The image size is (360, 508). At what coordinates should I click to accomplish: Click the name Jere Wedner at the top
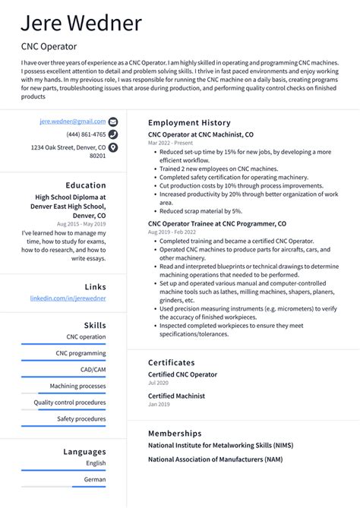click(81, 22)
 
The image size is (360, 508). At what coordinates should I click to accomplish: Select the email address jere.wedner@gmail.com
click(73, 121)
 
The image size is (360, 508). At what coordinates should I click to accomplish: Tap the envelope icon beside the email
click(113, 121)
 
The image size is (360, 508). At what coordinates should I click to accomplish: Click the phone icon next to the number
click(113, 134)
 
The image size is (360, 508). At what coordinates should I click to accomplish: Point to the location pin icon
click(113, 147)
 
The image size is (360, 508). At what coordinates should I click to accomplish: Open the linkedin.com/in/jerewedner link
click(68, 298)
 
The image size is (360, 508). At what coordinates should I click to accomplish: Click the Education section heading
click(86, 185)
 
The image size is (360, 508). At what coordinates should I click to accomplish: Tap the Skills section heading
click(95, 325)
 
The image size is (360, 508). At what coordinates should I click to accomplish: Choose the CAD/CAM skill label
click(93, 370)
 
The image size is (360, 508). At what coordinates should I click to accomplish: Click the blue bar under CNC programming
click(64, 361)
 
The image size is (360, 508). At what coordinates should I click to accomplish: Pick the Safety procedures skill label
click(81, 418)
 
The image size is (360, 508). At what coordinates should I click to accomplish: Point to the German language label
click(95, 479)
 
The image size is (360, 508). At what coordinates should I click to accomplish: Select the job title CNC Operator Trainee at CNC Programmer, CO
click(217, 224)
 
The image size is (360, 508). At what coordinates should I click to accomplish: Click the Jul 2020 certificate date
click(158, 383)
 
